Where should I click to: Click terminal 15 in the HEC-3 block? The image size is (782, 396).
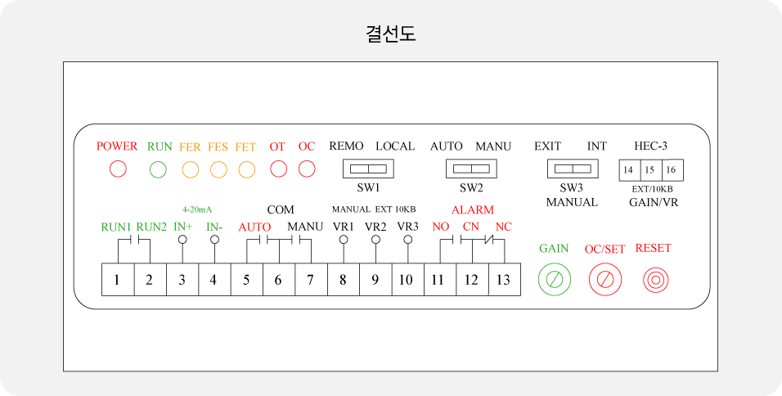click(649, 170)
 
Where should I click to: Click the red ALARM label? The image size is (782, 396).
click(473, 209)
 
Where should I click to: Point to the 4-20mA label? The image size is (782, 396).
click(197, 209)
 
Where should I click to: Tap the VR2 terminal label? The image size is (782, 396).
click(375, 227)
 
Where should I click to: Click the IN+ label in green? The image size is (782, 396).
click(183, 227)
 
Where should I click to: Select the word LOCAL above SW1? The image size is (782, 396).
click(395, 146)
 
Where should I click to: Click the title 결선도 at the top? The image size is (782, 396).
click(391, 34)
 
